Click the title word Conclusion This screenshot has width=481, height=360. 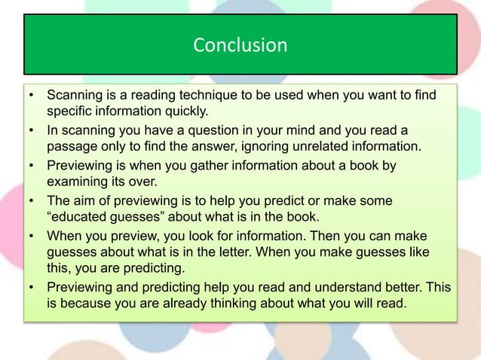pos(240,46)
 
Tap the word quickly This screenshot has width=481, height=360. pos(184,112)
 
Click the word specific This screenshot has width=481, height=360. pos(70,112)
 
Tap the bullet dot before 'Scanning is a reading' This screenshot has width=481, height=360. pos(31,97)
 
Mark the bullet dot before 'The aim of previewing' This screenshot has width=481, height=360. pos(31,200)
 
